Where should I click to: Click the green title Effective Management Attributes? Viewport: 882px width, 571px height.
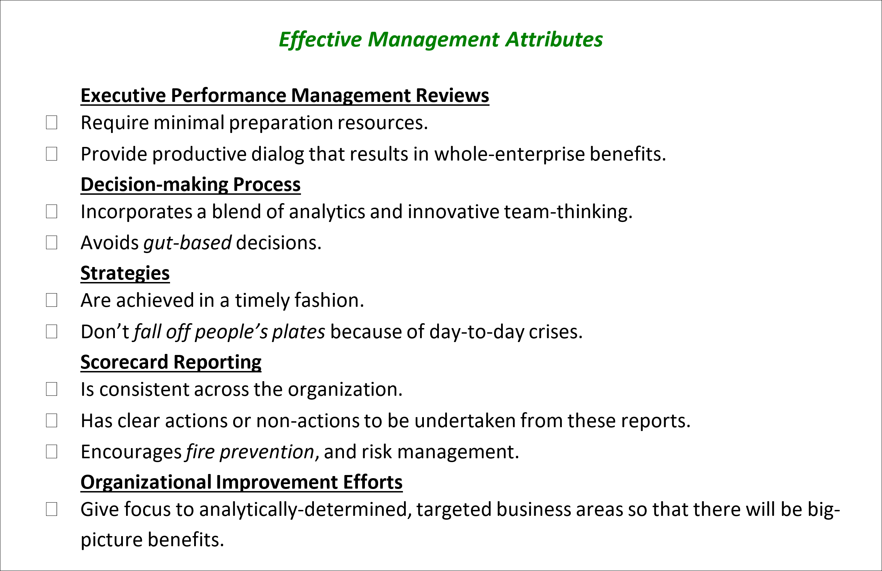click(441, 40)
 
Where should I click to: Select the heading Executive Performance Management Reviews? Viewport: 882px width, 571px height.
click(285, 96)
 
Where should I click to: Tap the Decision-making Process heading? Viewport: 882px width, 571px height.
click(191, 185)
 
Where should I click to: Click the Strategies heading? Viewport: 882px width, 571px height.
click(125, 273)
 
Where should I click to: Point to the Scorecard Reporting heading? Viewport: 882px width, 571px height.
click(171, 362)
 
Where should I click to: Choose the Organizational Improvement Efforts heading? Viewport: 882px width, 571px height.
click(241, 482)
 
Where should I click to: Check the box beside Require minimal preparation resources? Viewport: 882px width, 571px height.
click(52, 123)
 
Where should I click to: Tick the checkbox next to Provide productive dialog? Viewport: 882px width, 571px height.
click(52, 154)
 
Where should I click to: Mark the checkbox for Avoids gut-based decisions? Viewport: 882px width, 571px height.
click(52, 243)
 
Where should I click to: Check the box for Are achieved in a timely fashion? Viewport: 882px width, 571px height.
click(52, 300)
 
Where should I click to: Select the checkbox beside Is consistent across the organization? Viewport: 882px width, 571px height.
click(52, 389)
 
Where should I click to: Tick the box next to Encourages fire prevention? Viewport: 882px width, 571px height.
click(52, 452)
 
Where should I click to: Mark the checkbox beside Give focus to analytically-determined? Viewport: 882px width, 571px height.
click(52, 509)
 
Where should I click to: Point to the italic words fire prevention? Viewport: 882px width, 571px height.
click(250, 452)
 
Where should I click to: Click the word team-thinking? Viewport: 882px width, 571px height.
click(568, 212)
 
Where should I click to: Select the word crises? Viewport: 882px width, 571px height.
click(556, 332)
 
